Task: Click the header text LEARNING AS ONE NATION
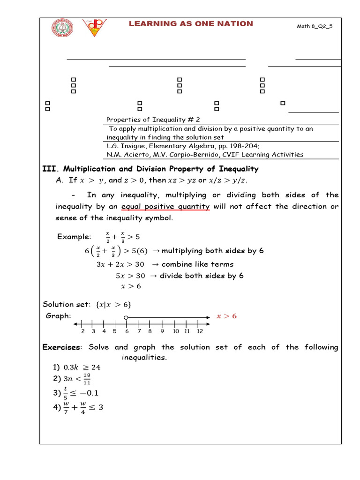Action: coord(191,24)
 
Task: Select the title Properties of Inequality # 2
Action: coord(153,120)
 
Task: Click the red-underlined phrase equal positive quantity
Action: coord(165,207)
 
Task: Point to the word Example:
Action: coord(74,237)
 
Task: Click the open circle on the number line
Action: coord(126,318)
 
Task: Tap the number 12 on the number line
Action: coord(199,331)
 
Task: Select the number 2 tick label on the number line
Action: coord(82,331)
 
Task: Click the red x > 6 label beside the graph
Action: coord(226,316)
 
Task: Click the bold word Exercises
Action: coord(61,347)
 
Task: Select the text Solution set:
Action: coord(66,304)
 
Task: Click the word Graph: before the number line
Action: coord(59,316)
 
